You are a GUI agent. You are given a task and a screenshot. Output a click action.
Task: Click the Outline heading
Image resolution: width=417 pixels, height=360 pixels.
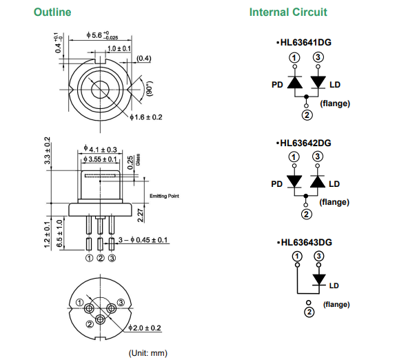(x=52, y=12)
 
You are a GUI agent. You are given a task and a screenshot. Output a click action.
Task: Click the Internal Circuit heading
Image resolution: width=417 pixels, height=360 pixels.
(x=288, y=12)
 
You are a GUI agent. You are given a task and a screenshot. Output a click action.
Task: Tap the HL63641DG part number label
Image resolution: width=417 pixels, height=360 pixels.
(x=304, y=42)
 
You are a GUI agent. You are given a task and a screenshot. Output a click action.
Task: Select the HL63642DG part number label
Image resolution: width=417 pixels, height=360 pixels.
(x=304, y=143)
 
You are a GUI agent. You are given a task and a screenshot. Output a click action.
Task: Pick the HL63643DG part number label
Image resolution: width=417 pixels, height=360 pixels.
(x=304, y=242)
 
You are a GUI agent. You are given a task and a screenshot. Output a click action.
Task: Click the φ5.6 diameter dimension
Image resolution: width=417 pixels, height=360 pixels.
(x=102, y=35)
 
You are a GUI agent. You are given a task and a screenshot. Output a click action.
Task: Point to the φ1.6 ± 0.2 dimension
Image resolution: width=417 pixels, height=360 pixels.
(x=145, y=117)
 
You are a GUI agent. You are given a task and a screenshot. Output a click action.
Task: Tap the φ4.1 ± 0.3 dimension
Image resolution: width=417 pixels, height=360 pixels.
(x=100, y=149)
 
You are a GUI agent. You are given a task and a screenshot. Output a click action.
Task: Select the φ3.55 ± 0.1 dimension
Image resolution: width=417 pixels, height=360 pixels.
(x=100, y=159)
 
